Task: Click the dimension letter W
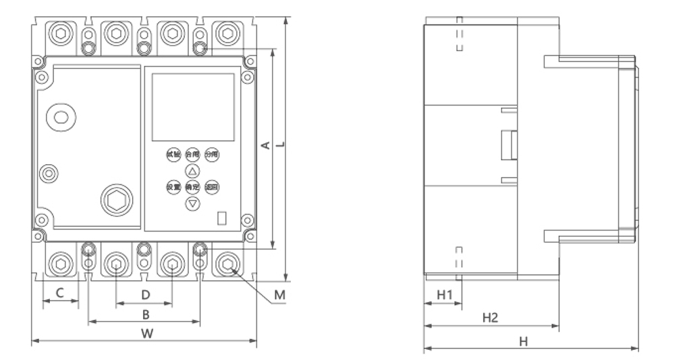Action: click(x=145, y=332)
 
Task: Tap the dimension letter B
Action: click(x=144, y=314)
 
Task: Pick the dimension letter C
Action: click(x=59, y=293)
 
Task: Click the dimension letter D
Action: click(x=144, y=294)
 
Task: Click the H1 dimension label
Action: click(x=443, y=294)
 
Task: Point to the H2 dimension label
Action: click(x=490, y=317)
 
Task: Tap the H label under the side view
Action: click(x=523, y=341)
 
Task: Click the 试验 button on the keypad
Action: click(x=173, y=155)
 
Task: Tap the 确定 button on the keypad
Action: click(x=192, y=187)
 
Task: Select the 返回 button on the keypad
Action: click(x=211, y=187)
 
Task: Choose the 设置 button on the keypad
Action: click(x=173, y=187)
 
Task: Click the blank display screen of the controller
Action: click(x=193, y=107)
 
